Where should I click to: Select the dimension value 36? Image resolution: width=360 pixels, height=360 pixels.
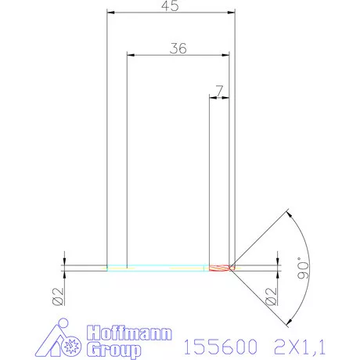[x=178, y=48]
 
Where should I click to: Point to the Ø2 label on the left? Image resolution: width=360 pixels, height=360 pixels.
[x=56, y=296]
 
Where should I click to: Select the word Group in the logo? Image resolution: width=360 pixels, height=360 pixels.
[x=113, y=347]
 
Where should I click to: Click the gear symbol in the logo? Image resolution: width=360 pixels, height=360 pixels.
[x=73, y=344]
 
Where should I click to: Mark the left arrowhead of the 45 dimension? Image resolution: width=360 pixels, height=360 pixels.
[x=110, y=13]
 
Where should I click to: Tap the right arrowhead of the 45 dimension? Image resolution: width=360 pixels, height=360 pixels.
[x=231, y=13]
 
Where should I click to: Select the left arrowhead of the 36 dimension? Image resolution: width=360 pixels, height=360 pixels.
[x=131, y=55]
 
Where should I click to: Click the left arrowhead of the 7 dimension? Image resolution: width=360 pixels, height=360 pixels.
[x=212, y=97]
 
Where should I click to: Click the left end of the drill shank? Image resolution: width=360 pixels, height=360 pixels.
[x=108, y=267]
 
